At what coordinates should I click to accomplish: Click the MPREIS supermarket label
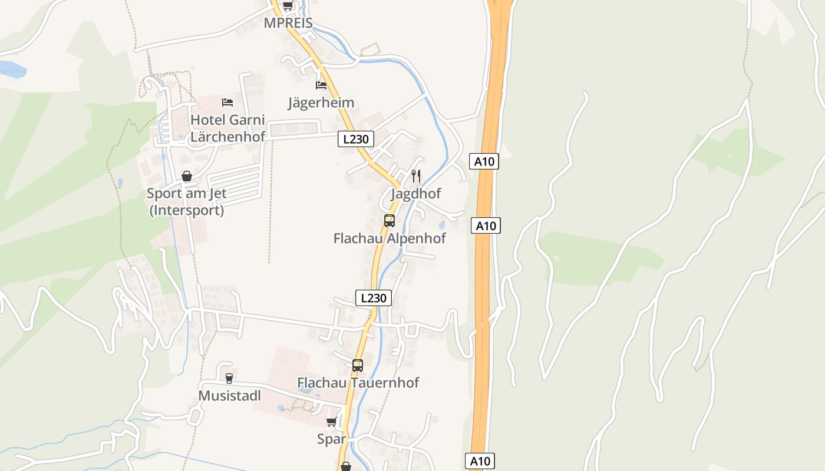pyautogui.click(x=288, y=23)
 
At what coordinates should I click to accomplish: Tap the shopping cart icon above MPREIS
pyautogui.click(x=288, y=6)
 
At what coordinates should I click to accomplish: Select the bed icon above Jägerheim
pyautogui.click(x=321, y=85)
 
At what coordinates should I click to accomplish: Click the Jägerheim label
pyautogui.click(x=321, y=102)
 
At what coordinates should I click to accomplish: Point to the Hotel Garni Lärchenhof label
pyautogui.click(x=227, y=128)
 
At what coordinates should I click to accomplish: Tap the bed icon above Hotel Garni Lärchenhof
pyautogui.click(x=227, y=102)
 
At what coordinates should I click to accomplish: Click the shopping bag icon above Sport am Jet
pyautogui.click(x=187, y=176)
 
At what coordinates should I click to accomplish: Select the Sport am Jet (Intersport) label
pyautogui.click(x=187, y=201)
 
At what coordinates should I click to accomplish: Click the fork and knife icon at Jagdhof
pyautogui.click(x=416, y=175)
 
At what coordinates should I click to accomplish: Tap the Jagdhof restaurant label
pyautogui.click(x=416, y=194)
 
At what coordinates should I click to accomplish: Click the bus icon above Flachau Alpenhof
pyautogui.click(x=390, y=221)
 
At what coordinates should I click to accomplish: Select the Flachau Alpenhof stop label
pyautogui.click(x=390, y=238)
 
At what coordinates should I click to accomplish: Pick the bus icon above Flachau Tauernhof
pyautogui.click(x=358, y=365)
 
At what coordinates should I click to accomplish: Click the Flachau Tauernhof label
pyautogui.click(x=358, y=383)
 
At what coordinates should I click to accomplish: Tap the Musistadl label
pyautogui.click(x=229, y=396)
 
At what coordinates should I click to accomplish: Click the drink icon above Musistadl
pyautogui.click(x=229, y=378)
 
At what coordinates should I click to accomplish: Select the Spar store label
pyautogui.click(x=331, y=439)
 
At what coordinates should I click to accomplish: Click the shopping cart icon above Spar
pyautogui.click(x=331, y=422)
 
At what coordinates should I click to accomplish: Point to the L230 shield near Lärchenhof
pyautogui.click(x=356, y=140)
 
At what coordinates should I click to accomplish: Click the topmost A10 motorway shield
pyautogui.click(x=484, y=161)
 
